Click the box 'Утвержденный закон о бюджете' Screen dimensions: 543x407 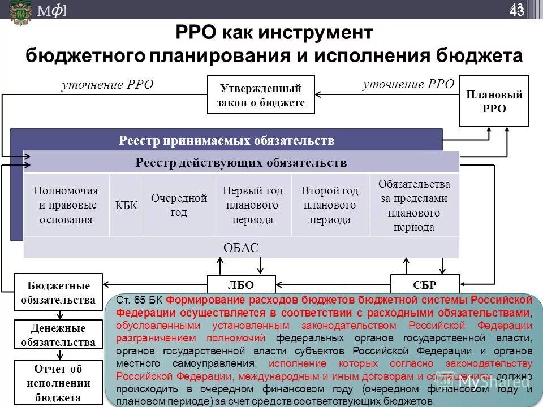(261, 94)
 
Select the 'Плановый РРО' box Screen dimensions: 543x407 (494, 101)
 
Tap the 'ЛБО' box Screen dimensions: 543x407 (241, 284)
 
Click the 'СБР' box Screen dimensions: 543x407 (425, 284)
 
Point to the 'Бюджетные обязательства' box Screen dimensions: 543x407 (58, 292)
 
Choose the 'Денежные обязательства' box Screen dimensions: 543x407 (58, 335)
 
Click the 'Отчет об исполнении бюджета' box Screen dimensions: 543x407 (58, 383)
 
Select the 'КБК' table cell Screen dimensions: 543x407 (127, 205)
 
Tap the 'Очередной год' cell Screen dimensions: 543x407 (179, 205)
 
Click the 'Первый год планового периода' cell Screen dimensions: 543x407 (253, 205)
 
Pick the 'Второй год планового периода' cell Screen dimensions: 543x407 (330, 205)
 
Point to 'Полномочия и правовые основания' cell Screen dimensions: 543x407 (66, 205)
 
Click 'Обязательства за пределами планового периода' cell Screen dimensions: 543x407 (414, 205)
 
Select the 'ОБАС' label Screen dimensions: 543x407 (241, 248)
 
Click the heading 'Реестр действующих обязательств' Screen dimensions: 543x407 (241, 163)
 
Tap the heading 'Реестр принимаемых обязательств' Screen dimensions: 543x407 (226, 140)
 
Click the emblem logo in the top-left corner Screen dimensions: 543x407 (20, 12)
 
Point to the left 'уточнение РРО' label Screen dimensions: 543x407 (107, 85)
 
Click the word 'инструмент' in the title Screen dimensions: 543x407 (317, 32)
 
